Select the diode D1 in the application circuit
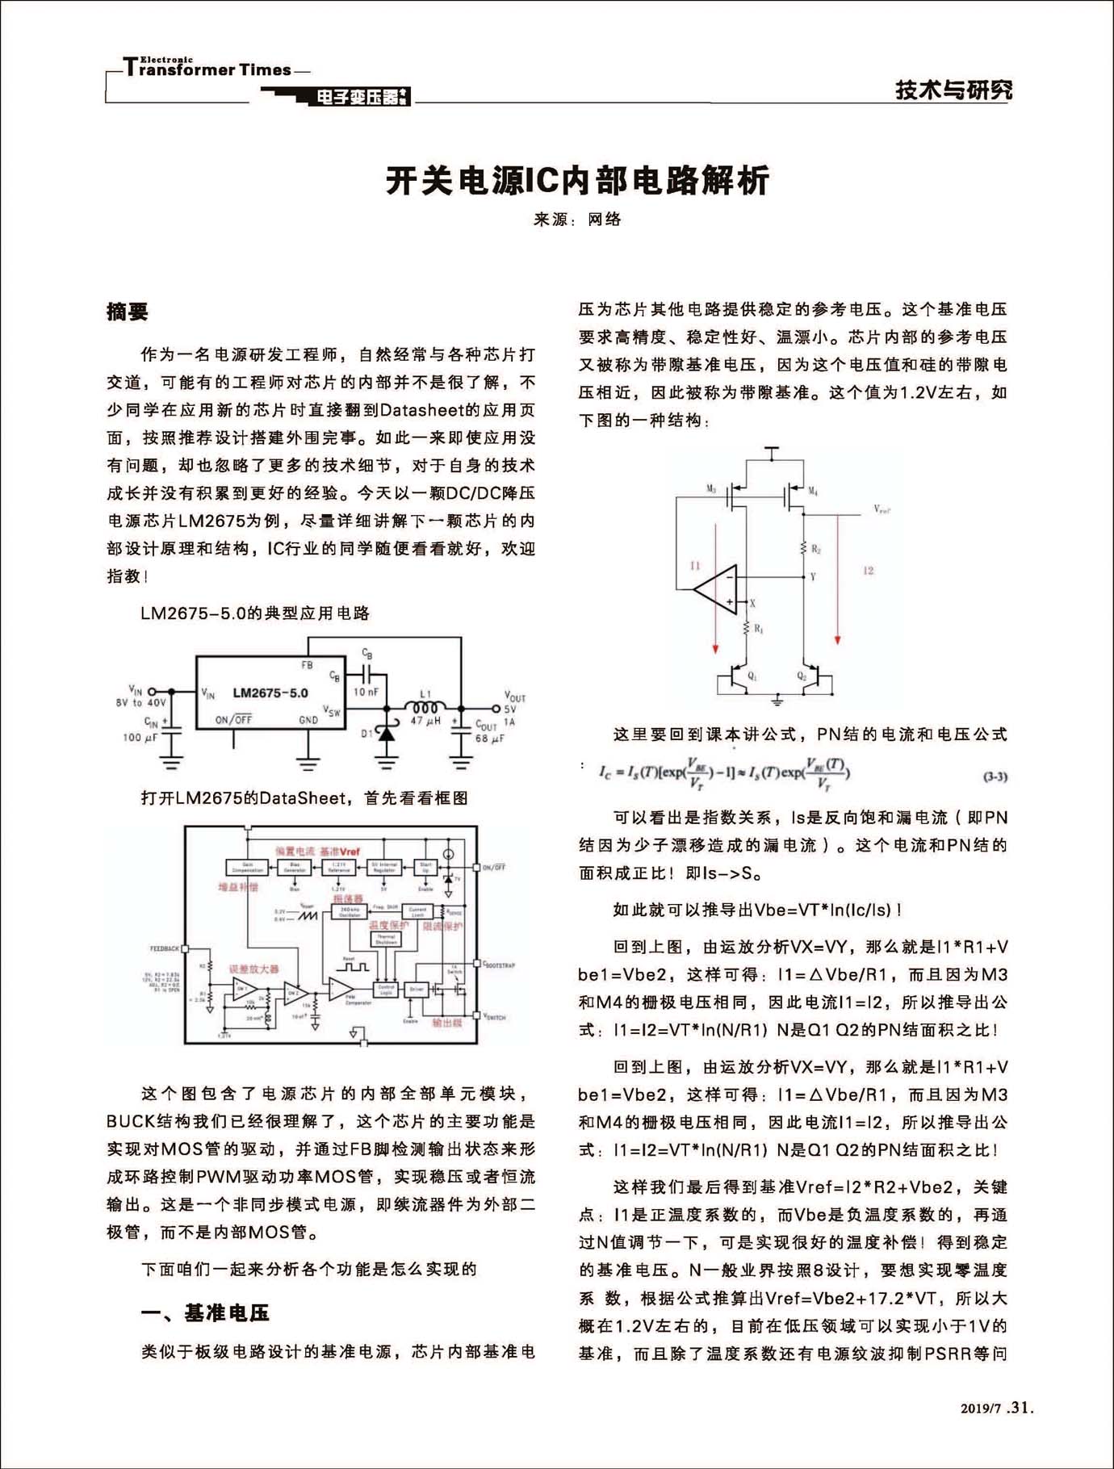[x=387, y=733]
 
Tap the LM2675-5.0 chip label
[x=270, y=693]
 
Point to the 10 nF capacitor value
[x=366, y=692]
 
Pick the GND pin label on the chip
[x=308, y=720]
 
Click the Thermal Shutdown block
[x=386, y=940]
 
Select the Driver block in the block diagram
[x=417, y=988]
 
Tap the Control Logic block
[x=386, y=989]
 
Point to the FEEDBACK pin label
[x=164, y=948]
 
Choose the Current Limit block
[x=417, y=912]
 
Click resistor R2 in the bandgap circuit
[x=804, y=549]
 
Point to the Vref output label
[x=882, y=509]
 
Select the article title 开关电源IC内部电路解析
[x=577, y=181]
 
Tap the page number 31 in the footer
[x=1021, y=1407]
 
